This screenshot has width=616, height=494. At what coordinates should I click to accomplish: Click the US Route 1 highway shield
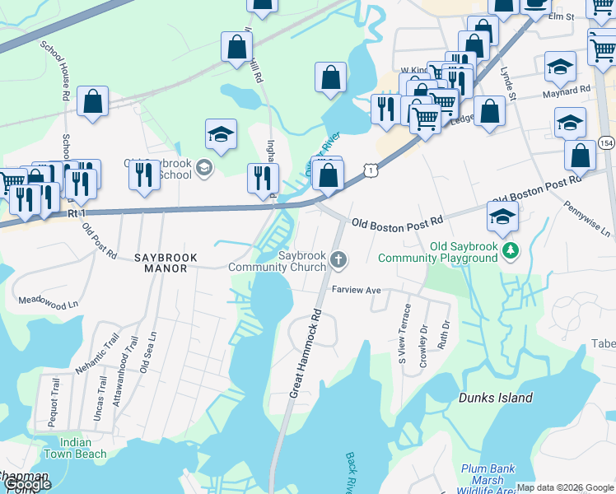click(373, 170)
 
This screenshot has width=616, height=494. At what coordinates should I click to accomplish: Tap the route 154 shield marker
click(605, 141)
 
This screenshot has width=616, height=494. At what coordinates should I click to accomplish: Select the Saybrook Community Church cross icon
click(338, 261)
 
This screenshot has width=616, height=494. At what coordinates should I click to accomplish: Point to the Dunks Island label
click(495, 398)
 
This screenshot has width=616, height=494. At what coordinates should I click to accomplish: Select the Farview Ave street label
click(357, 291)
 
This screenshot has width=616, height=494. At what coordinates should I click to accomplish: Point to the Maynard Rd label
click(567, 89)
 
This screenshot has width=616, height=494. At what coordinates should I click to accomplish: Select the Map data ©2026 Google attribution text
click(565, 487)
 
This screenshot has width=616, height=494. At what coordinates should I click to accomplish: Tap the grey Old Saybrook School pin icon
click(204, 169)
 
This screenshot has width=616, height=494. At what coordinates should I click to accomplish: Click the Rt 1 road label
click(77, 213)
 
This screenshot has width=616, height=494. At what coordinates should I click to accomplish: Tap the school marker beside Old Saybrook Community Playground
click(502, 217)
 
